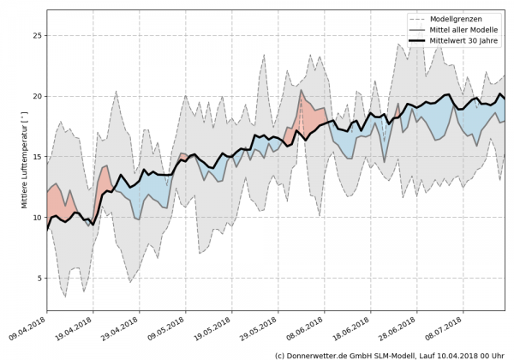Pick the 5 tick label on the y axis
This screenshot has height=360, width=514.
tap(39, 278)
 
